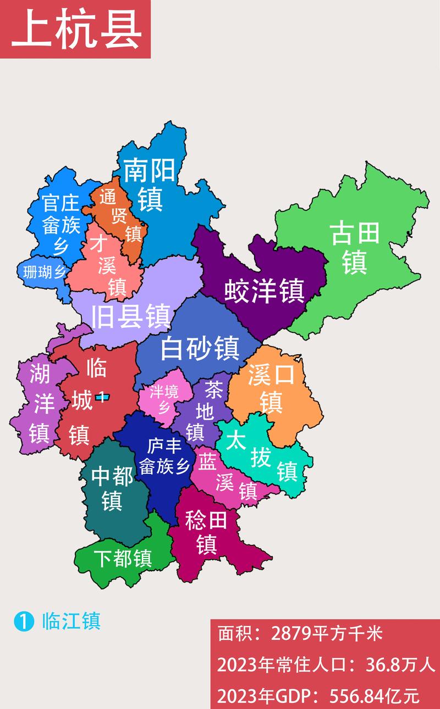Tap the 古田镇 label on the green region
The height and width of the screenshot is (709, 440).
(x=355, y=248)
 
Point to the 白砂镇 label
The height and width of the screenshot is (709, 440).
(x=200, y=348)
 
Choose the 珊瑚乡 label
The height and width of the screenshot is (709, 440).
(x=44, y=271)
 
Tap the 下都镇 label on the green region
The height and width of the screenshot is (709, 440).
(x=122, y=559)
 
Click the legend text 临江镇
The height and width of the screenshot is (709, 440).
(x=71, y=621)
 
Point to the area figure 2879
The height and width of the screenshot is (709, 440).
(x=290, y=634)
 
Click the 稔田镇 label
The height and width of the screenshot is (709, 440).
(x=206, y=531)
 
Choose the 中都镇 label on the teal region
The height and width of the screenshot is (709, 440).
(x=112, y=488)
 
